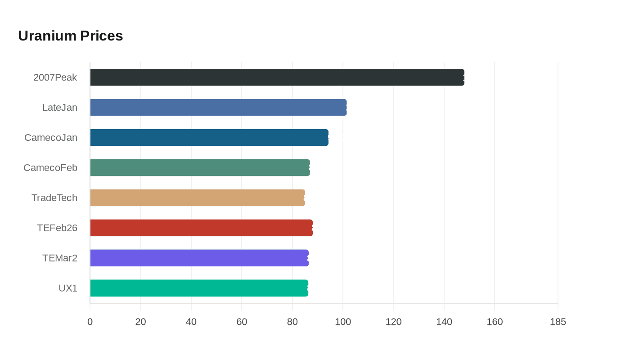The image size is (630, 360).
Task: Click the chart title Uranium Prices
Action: coord(71,36)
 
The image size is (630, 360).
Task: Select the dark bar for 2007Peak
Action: coord(277,77)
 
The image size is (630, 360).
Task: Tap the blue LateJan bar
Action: coord(218,108)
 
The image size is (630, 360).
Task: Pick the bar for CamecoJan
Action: coord(209,138)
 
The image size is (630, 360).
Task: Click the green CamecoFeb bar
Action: coord(200,168)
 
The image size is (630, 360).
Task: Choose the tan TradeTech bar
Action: coord(198,198)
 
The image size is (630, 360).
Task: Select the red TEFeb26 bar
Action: coord(201,228)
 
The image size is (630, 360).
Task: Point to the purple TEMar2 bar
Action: coord(199,258)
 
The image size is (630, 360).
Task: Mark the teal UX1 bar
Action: coord(199,288)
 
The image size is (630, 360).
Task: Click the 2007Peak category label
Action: coord(55,77)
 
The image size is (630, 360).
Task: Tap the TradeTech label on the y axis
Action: coord(54,198)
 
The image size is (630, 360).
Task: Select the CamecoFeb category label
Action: coord(50,168)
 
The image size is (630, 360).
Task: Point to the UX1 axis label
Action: coord(68,288)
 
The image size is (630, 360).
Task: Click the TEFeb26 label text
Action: coord(57,228)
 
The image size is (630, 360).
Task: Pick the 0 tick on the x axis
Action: coord(90,322)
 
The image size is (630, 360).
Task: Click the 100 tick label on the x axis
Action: coord(343,322)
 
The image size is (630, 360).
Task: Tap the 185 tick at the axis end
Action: coord(558,322)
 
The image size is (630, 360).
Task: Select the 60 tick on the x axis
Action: coord(242,322)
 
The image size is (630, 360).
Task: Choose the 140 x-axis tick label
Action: coord(444,322)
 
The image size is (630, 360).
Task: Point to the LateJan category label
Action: coord(60,108)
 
